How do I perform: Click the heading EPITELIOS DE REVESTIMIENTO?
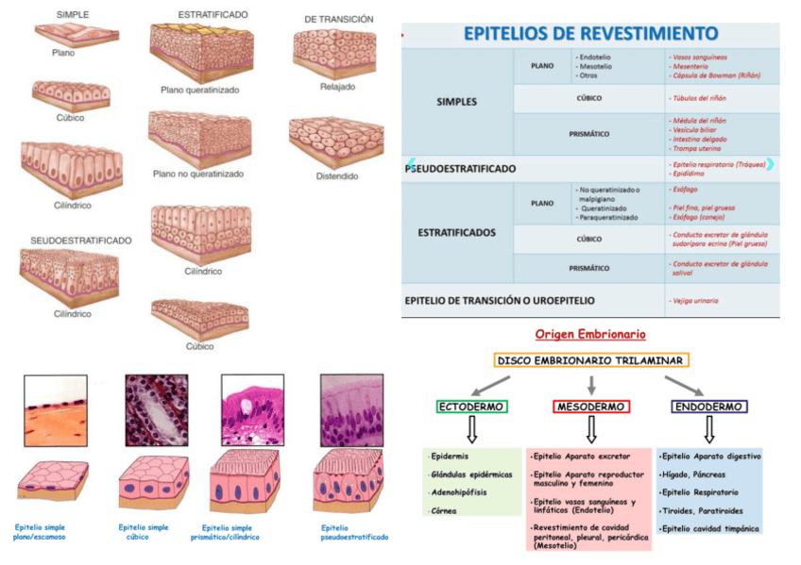click(x=591, y=34)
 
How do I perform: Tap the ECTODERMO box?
click(x=472, y=407)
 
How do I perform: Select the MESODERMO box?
click(x=591, y=407)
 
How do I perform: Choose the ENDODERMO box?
click(x=709, y=407)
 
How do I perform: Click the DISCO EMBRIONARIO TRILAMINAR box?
click(x=591, y=360)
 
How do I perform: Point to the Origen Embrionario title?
click(x=590, y=334)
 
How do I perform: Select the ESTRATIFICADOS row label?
click(x=456, y=231)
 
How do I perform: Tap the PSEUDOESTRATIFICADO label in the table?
click(x=461, y=169)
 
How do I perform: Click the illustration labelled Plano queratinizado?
click(x=199, y=53)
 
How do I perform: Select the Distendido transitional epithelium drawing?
click(x=336, y=141)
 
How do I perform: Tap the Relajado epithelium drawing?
click(x=336, y=52)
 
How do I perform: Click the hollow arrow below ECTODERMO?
click(x=472, y=430)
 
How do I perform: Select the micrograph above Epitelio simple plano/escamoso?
click(x=56, y=410)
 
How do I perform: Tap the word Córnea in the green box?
click(x=443, y=509)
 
